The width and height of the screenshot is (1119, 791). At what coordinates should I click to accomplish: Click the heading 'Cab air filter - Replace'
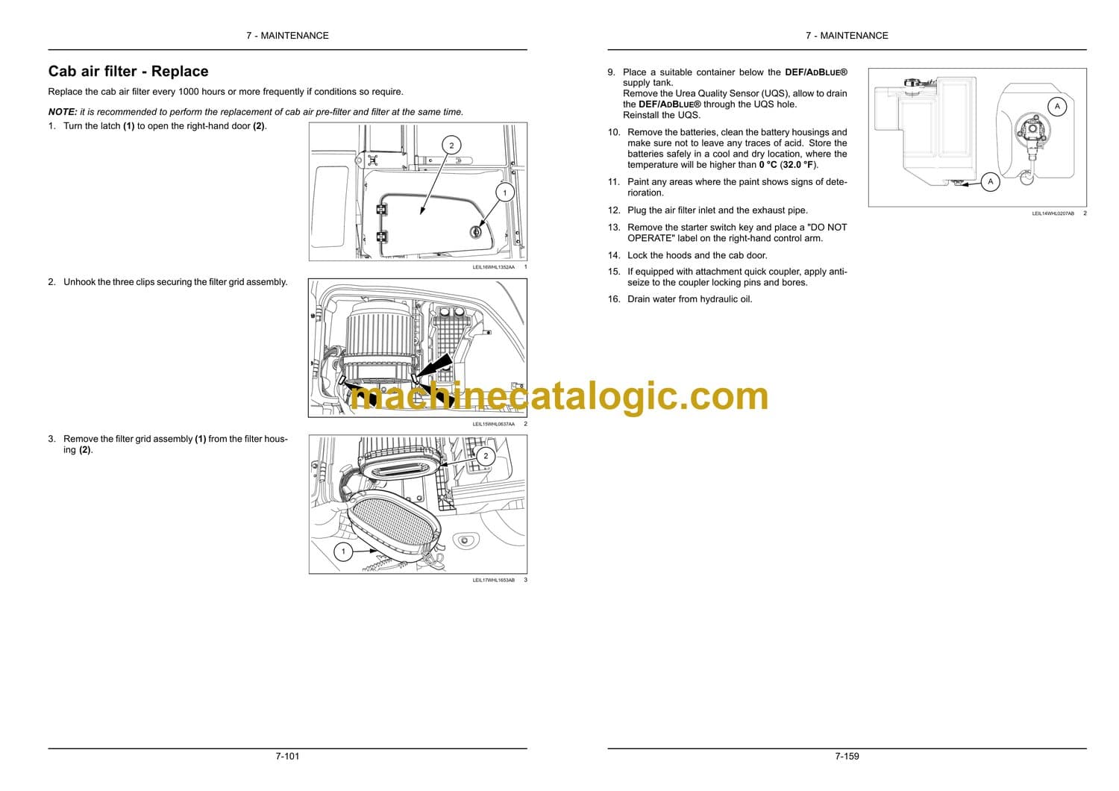[128, 71]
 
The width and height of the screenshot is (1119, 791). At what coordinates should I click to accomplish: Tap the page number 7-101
[287, 756]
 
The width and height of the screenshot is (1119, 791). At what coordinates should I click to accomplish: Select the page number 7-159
[847, 756]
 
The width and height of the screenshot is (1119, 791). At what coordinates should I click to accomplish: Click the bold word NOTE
[63, 112]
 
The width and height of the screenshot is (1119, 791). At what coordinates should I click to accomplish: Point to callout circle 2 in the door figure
[451, 146]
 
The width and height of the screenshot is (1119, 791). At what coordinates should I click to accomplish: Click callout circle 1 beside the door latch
[504, 193]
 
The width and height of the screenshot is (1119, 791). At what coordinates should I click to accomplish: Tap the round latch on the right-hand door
[476, 231]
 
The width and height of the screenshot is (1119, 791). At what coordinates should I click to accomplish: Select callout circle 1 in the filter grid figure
[342, 551]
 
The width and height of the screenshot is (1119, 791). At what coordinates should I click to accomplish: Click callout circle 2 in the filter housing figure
[486, 456]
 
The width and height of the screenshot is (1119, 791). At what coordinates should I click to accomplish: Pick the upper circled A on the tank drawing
[1057, 107]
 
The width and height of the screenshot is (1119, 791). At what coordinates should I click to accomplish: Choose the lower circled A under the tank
[990, 182]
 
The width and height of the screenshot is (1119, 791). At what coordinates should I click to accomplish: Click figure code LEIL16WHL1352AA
[493, 267]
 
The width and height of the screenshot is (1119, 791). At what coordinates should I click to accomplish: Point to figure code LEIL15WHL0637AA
[493, 425]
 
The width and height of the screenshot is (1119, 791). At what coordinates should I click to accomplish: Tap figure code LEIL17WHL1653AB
[493, 580]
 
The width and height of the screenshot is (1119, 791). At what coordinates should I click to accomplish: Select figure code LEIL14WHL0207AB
[1053, 213]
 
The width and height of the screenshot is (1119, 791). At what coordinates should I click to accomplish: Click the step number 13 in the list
[613, 228]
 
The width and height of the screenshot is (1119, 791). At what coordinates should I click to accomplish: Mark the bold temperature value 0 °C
[768, 165]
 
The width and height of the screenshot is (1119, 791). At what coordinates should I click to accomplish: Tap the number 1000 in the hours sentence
[189, 92]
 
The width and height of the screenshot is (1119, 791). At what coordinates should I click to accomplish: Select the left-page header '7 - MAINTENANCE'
[287, 36]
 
